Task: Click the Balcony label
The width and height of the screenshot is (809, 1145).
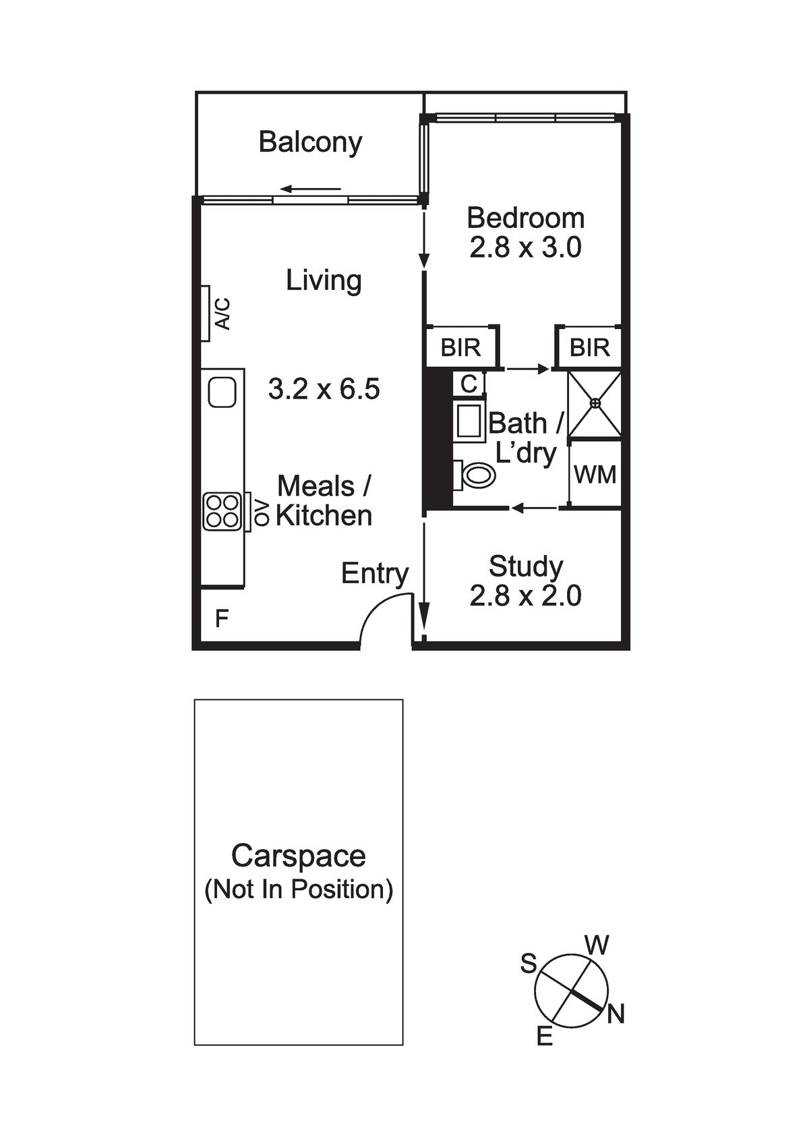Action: click(310, 142)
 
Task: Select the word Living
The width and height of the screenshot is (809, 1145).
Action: click(324, 281)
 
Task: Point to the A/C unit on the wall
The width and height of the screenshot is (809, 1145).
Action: click(206, 314)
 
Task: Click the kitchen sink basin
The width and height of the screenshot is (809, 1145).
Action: click(222, 392)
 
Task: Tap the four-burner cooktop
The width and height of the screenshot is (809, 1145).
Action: click(222, 511)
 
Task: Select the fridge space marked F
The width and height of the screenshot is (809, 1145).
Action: click(221, 618)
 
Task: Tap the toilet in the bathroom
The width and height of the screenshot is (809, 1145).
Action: click(475, 475)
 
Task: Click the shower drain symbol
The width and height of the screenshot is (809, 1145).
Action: click(595, 403)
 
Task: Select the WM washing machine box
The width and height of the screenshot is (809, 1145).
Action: click(595, 475)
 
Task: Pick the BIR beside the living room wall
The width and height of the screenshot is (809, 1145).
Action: click(460, 348)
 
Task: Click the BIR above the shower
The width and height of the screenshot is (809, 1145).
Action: click(589, 348)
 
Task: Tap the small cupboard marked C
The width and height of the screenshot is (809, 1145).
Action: click(469, 384)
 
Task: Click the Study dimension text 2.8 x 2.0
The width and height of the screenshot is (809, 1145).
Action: click(525, 595)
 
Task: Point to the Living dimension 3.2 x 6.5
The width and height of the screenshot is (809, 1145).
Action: click(324, 390)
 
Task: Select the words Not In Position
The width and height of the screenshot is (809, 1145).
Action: click(299, 889)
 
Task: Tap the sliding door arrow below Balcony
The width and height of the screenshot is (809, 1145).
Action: click(310, 189)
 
